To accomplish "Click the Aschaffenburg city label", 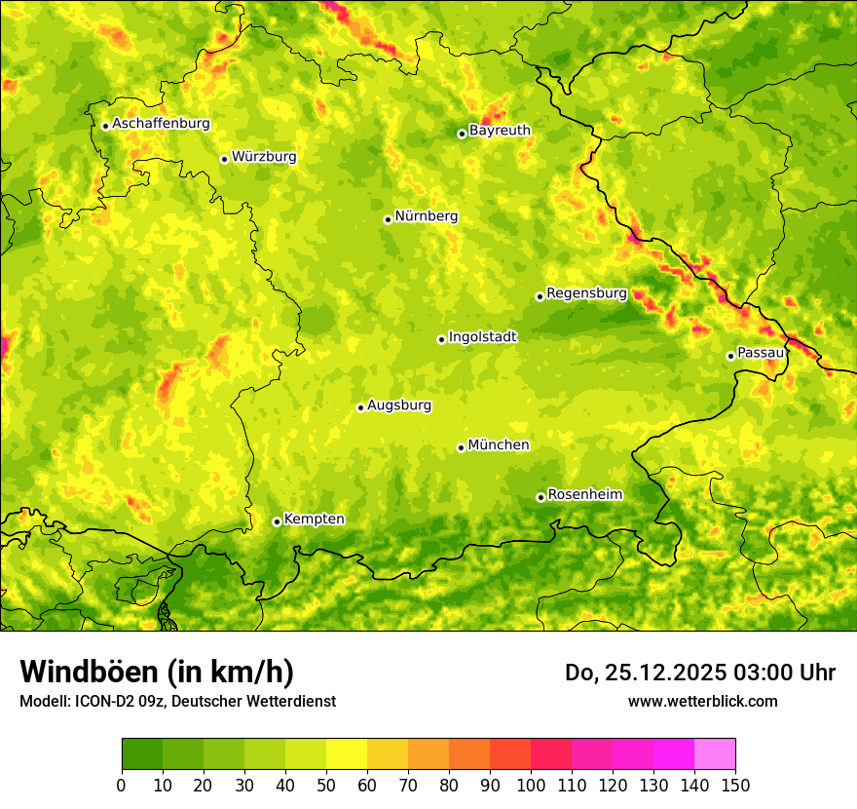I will tap(161, 124).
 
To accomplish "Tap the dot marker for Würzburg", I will tap(224, 159).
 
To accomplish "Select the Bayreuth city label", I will tap(500, 130).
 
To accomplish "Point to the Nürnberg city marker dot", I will tap(388, 219).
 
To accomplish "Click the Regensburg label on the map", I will tap(586, 292).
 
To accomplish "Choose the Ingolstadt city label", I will tap(482, 336).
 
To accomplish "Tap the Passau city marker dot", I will tap(730, 356).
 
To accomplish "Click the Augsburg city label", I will tap(398, 404).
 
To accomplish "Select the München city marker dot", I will tap(461, 447).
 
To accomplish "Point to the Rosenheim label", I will tap(584, 494).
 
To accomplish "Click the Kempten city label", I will tap(314, 519).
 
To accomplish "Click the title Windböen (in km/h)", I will tap(157, 672).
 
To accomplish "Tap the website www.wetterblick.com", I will tap(702, 701).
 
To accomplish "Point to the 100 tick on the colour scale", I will tap(531, 785).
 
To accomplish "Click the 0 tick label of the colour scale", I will tap(122, 785).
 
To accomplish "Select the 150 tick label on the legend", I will tap(735, 785).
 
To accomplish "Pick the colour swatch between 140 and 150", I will tap(715, 754).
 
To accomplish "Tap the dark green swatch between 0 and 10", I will tap(142, 754).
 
